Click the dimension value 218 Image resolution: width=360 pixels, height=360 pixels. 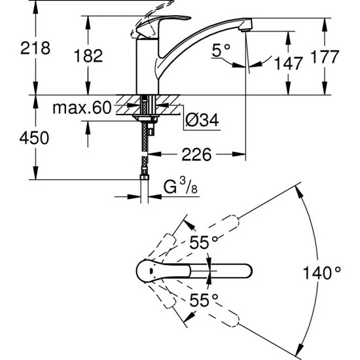point(35,48)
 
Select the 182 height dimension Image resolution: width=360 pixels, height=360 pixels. point(88,56)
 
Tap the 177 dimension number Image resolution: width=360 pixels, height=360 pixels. point(325,56)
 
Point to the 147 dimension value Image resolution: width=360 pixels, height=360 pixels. point(289,63)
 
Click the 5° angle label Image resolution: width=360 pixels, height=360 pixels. point(221,50)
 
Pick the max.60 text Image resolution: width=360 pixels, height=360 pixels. point(82,108)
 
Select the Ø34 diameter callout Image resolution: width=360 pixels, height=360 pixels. point(202,120)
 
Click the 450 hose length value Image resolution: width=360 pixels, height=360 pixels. point(34,138)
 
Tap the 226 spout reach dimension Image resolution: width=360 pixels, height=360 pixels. point(196,154)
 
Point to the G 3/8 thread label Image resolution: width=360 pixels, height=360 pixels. point(181,186)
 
